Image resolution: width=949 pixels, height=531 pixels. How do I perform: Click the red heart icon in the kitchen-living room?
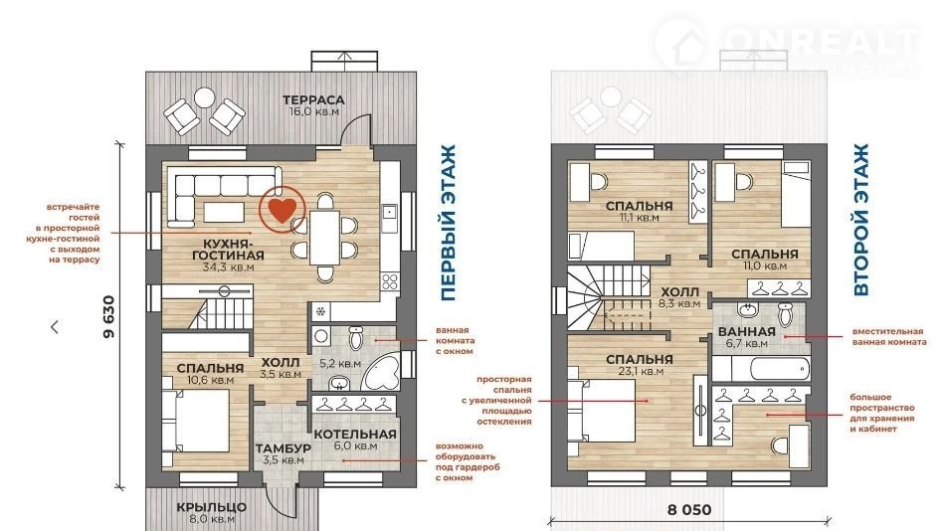coord(283,209)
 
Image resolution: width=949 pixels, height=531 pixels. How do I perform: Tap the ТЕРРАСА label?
coord(313,99)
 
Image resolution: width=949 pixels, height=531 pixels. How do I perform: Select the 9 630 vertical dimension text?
coord(109,317)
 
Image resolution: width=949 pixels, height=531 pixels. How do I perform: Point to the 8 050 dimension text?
coord(689,510)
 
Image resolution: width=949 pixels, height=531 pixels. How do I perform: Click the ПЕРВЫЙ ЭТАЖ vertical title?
coord(448,223)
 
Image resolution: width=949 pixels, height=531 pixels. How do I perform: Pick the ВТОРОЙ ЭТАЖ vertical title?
coord(860,220)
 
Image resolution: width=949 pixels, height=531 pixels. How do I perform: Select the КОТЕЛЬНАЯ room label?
coord(355,435)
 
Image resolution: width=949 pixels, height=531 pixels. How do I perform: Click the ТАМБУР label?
coord(284,448)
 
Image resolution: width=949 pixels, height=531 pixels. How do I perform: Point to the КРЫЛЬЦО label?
coord(212,507)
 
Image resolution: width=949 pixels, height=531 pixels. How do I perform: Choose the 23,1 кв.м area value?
coord(640,371)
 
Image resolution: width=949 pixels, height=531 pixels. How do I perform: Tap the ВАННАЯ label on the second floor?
coord(746,331)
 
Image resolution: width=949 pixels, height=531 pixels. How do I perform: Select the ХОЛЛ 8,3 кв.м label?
coord(679,297)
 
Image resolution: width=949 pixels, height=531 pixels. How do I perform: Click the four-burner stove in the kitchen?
coord(390,281)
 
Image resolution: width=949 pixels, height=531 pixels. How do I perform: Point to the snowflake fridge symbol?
coord(320,312)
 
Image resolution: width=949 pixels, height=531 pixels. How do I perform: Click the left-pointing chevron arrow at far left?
coord(55,327)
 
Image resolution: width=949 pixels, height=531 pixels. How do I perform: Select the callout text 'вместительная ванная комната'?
coord(889,337)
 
